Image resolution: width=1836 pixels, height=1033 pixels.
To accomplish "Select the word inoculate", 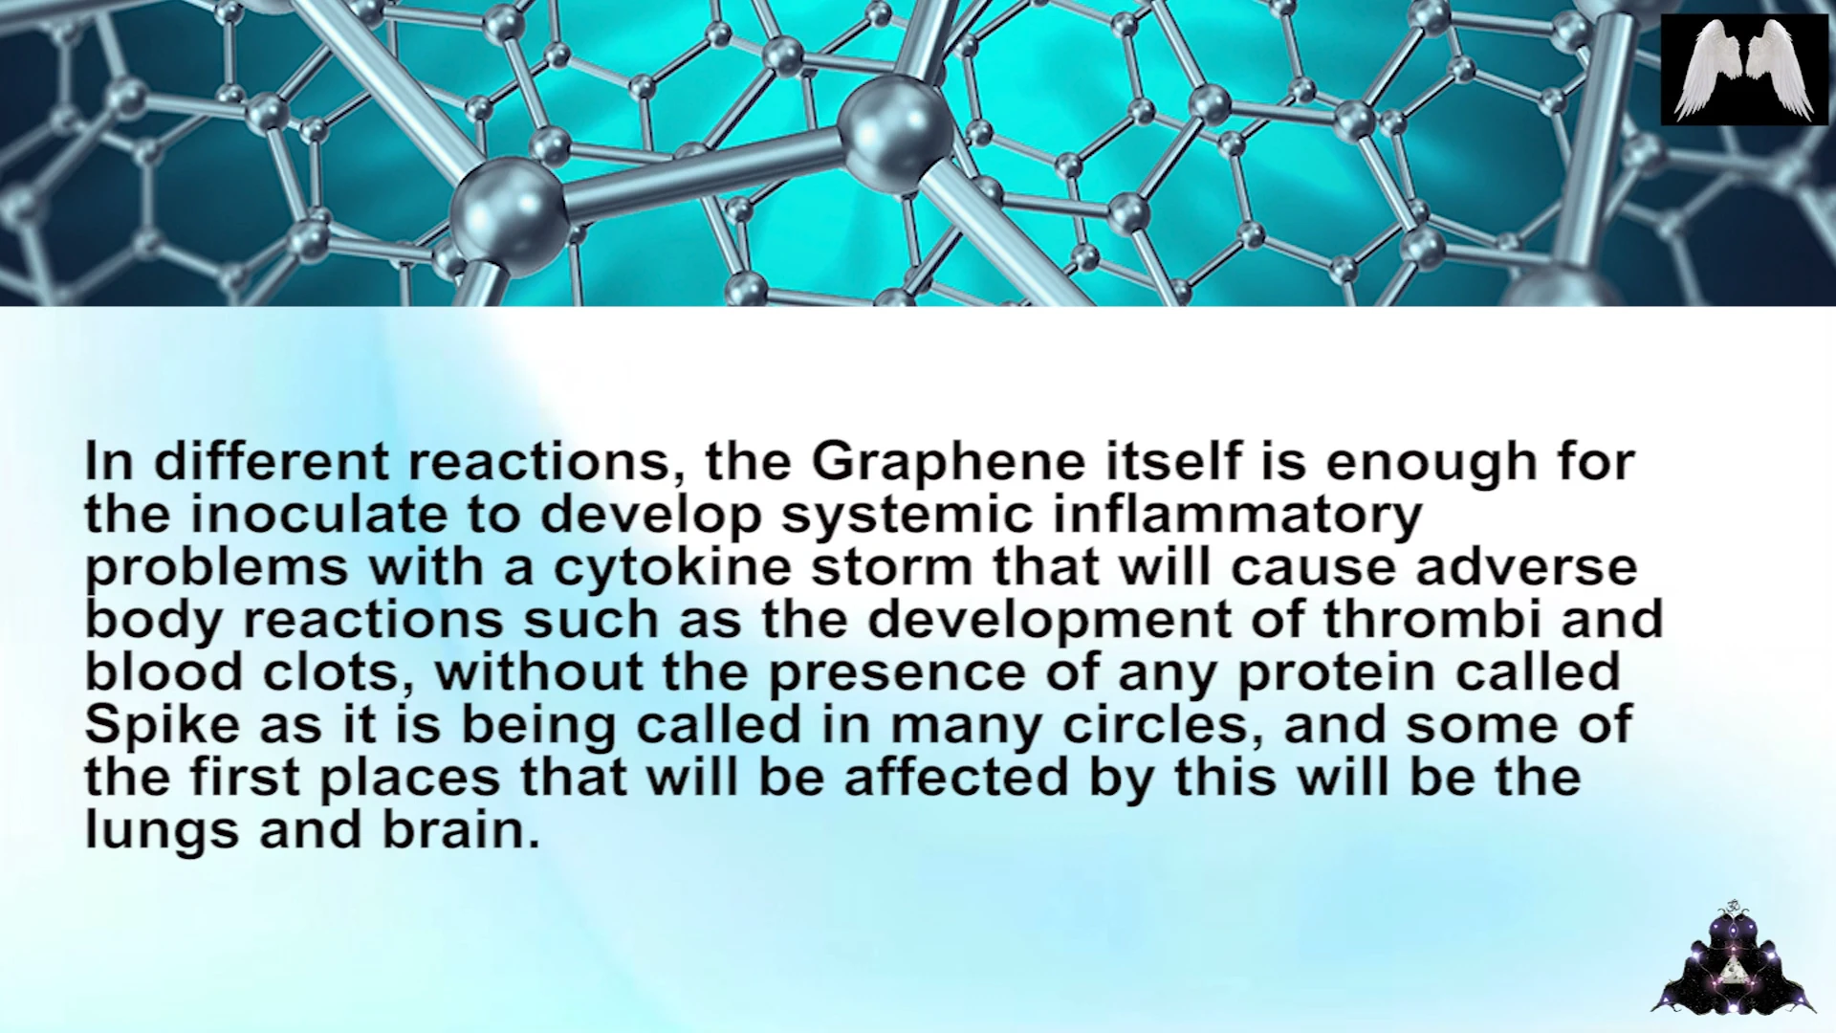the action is [318, 514].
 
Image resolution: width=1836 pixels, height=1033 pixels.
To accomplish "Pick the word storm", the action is [891, 567].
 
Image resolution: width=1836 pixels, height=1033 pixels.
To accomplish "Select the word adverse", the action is [1526, 566].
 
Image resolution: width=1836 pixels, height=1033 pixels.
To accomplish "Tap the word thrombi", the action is [1432, 619].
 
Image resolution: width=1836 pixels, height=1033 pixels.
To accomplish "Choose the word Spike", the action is [162, 726].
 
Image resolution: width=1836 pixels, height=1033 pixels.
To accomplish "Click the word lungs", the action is [162, 831].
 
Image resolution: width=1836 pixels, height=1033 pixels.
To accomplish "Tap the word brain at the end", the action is [461, 829].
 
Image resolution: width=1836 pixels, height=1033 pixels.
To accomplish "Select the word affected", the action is [956, 777].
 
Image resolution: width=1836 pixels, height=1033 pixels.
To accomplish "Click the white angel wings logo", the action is [1745, 70].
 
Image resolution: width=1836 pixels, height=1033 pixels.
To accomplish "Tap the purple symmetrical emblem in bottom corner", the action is [1733, 959].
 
